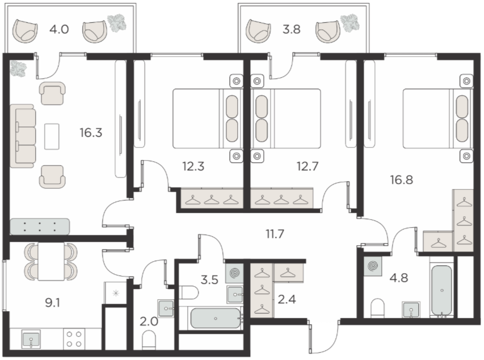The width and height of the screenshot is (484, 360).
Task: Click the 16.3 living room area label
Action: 91,133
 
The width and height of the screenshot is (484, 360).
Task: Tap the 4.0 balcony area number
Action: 59,30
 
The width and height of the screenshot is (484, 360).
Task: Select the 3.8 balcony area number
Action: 292,30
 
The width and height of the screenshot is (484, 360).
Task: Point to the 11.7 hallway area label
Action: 275,234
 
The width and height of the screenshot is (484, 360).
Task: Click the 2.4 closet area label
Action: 287,299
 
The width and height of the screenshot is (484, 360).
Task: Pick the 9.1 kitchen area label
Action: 52,303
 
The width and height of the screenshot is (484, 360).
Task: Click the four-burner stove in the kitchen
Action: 74,338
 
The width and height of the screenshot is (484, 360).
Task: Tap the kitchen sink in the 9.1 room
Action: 31,338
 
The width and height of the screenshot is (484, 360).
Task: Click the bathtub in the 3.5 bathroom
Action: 216,319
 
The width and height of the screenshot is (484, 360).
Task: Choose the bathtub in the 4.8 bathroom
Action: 442,291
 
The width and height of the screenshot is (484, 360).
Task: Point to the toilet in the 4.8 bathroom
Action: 377,308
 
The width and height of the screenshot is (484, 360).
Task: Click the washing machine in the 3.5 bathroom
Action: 234,273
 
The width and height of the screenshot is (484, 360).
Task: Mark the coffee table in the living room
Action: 52,136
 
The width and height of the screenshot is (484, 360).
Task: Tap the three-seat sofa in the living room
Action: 22,136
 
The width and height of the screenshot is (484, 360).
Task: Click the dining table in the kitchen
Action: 51,261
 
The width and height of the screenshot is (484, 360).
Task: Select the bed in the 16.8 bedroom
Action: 437,118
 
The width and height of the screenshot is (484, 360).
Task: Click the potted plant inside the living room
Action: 18,68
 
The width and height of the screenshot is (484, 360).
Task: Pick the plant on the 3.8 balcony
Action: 350,22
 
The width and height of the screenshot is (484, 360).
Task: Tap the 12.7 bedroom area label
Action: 308,166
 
